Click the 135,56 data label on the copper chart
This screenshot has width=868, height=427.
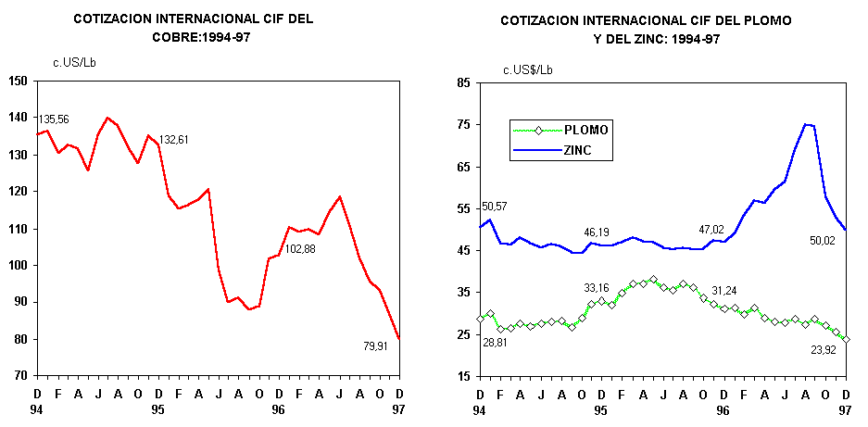pyautogui.click(x=54, y=119)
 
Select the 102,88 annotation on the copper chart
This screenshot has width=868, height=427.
pyautogui.click(x=300, y=248)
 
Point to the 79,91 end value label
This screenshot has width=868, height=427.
pyautogui.click(x=379, y=346)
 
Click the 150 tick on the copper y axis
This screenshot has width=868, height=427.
pyautogui.click(x=17, y=81)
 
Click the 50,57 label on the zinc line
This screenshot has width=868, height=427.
pyautogui.click(x=496, y=206)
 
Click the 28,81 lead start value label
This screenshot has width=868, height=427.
pyautogui.click(x=497, y=342)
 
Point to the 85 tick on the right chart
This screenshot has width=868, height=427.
pyautogui.click(x=463, y=83)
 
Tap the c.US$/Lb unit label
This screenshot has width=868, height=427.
pyautogui.click(x=528, y=69)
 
